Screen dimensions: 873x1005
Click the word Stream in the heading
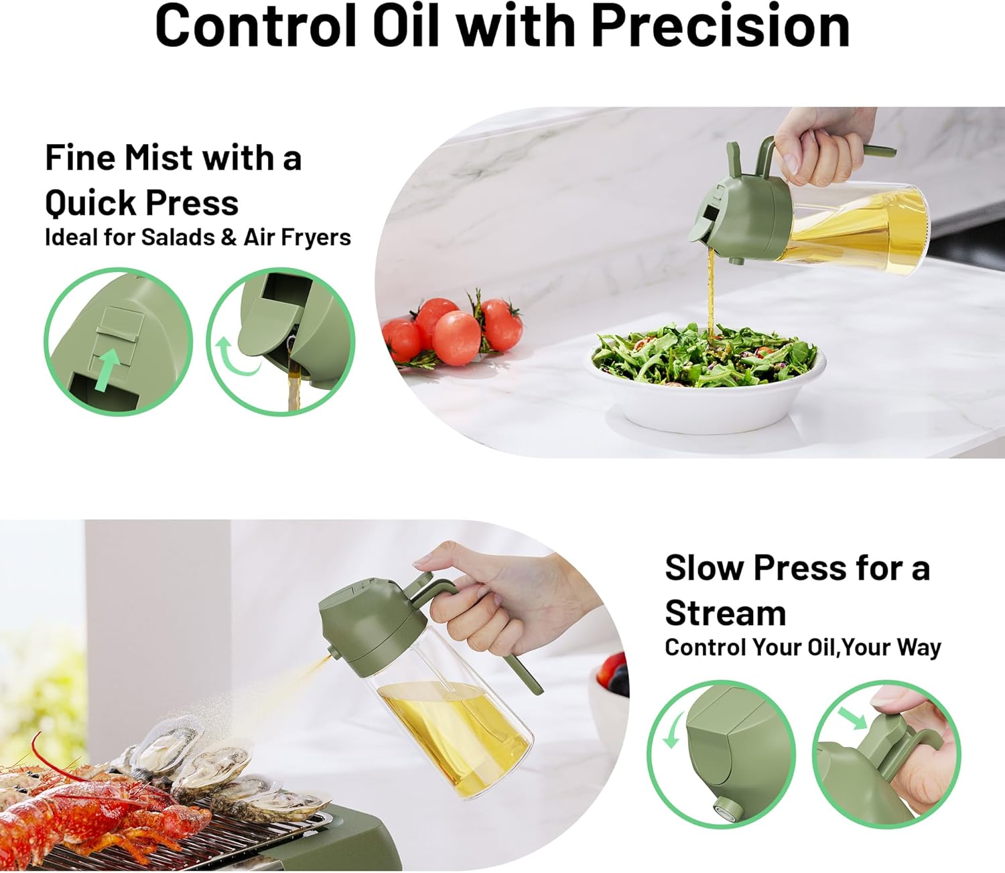click(x=725, y=613)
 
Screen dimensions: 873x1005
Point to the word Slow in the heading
click(x=704, y=568)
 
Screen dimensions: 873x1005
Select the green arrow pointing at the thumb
click(x=852, y=718)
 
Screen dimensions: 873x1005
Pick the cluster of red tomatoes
click(x=456, y=328)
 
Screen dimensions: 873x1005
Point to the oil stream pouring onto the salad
click(x=712, y=295)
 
